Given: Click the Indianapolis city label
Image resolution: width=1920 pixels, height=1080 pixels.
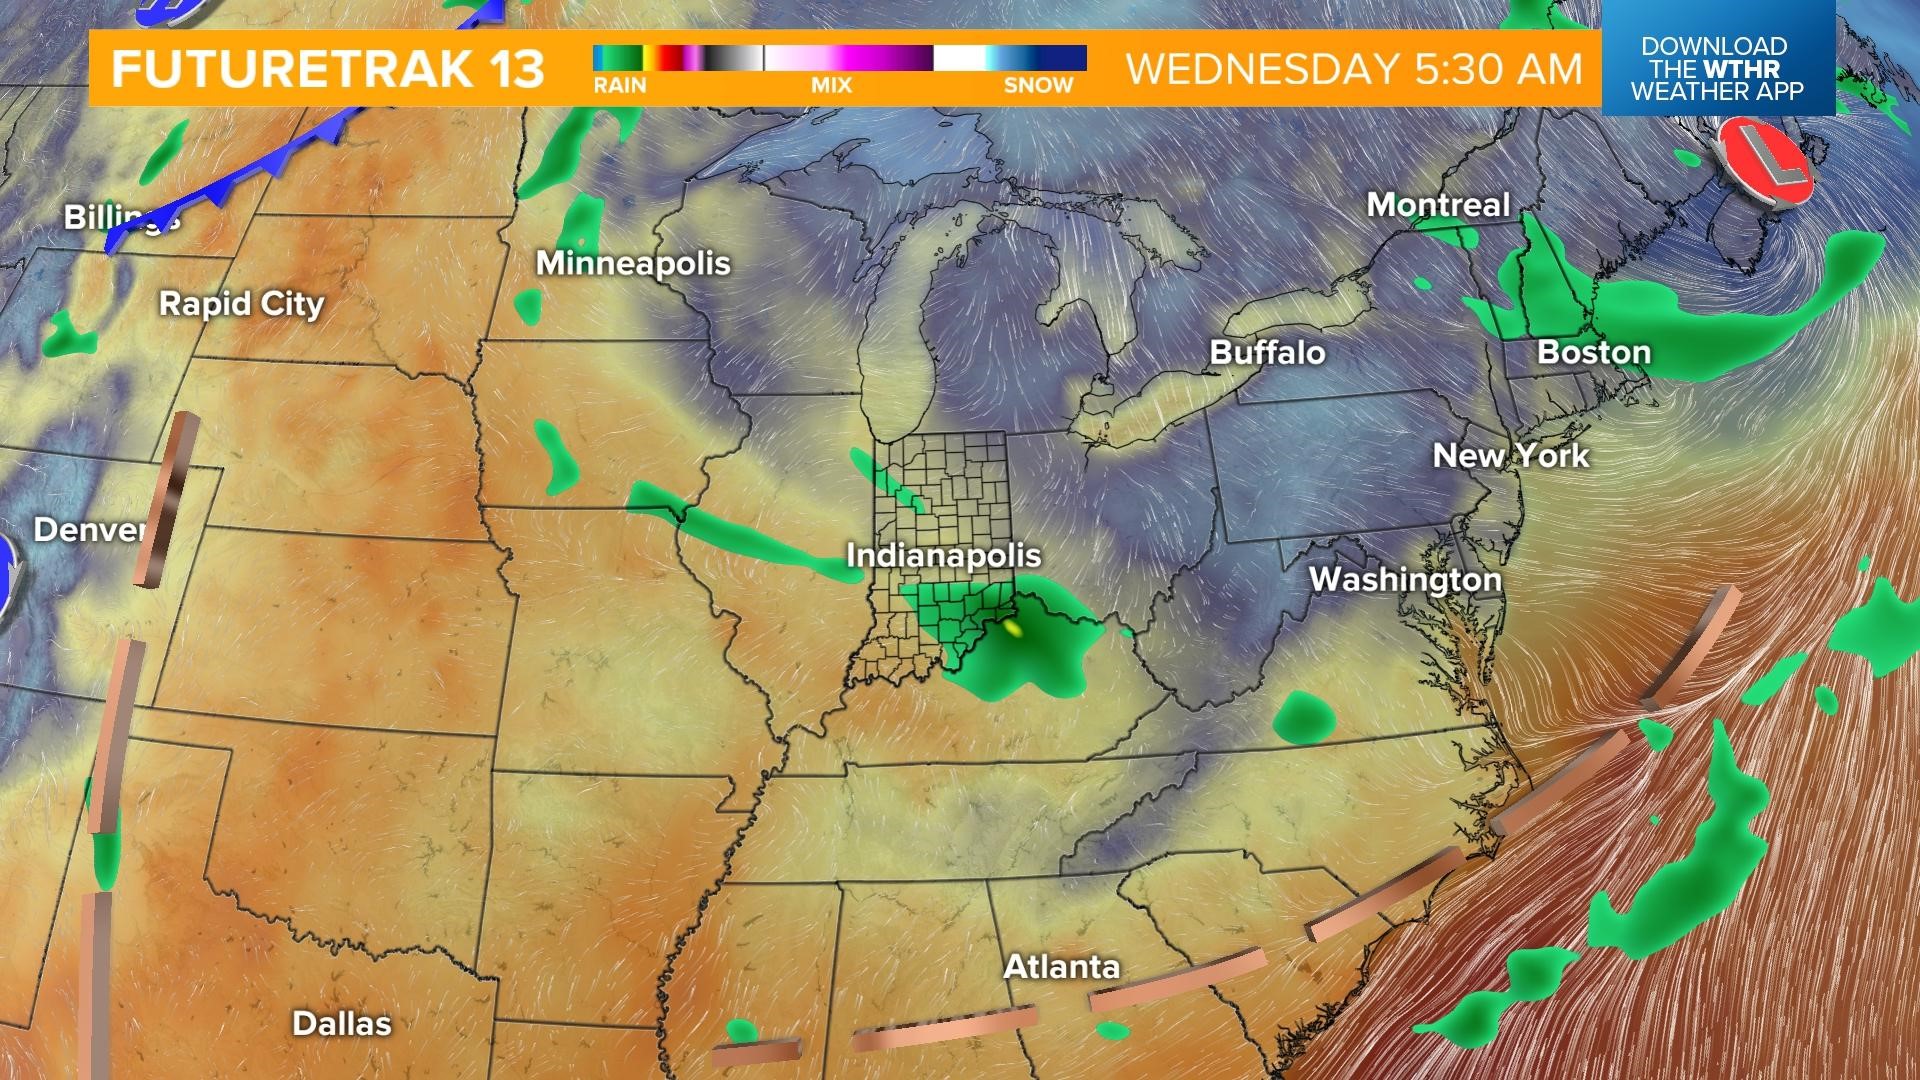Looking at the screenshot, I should coord(944,556).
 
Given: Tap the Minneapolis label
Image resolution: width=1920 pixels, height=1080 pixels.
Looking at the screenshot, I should coord(633,263).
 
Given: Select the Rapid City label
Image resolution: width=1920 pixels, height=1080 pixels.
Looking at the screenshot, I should coord(242,304).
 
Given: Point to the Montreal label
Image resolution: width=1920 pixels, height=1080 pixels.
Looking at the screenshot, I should coord(1438,205).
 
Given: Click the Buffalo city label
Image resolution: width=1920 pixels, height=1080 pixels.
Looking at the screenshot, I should coord(1267,352).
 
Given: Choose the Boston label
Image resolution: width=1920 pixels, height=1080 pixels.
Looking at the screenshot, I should coord(1594,352).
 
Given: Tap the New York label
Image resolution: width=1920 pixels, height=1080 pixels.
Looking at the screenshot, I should coord(1510,456).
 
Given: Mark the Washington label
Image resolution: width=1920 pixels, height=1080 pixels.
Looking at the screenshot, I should coord(1405,579).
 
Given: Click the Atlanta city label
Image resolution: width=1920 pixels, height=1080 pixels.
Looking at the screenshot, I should coord(1061,967).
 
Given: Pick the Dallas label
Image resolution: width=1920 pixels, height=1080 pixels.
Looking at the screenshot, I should coord(342,1023).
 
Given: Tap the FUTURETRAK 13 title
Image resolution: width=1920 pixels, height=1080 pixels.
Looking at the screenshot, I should coord(328,69).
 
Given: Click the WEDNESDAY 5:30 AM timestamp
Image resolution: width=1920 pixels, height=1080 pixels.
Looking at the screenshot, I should coord(1354,69).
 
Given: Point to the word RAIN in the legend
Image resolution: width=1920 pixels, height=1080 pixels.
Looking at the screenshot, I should coord(620,86).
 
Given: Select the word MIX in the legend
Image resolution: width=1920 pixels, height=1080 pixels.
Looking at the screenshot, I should coord(831,86).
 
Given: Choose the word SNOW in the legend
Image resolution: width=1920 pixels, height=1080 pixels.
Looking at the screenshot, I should coord(1038,86).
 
